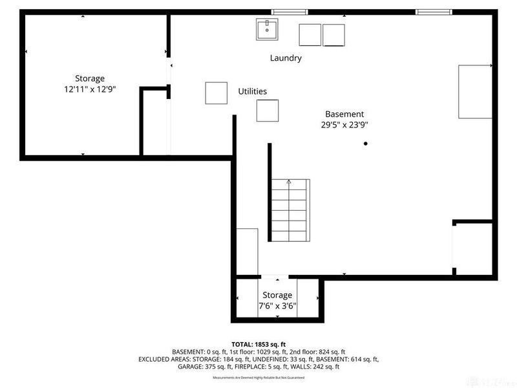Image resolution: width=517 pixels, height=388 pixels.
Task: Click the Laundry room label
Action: (x=286, y=58)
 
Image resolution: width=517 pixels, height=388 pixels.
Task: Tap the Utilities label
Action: (x=252, y=92)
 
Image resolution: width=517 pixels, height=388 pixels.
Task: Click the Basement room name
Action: (x=344, y=114)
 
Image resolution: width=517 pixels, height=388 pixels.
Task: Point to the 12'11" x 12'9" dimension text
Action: (x=89, y=90)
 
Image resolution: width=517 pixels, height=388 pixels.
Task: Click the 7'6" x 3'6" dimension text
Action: (x=277, y=307)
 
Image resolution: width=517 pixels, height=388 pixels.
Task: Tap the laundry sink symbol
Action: (x=266, y=29)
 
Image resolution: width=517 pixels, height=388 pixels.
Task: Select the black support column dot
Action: (x=365, y=144)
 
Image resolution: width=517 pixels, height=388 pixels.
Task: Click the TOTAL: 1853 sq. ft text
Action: (x=258, y=343)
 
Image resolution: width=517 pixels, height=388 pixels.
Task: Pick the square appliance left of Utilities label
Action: (x=216, y=93)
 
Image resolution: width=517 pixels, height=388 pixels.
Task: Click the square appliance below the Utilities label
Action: (x=268, y=111)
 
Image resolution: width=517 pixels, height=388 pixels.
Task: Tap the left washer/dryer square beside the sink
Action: (x=310, y=35)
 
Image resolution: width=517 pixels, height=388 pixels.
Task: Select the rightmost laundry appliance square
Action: (x=334, y=35)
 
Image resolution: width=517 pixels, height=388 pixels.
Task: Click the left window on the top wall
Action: (x=289, y=12)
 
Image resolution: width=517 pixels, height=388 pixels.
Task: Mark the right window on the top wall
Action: (x=434, y=12)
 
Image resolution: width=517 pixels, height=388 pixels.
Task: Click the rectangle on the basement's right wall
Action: (x=475, y=91)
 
